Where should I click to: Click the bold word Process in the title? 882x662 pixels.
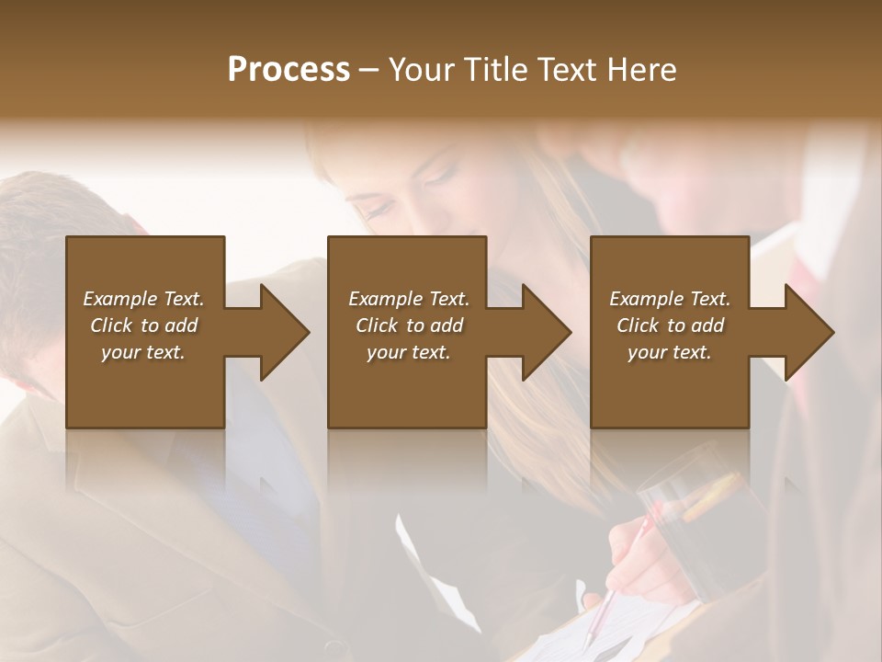(288, 70)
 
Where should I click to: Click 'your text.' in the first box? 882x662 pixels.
(143, 352)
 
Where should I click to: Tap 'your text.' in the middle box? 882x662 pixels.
(408, 352)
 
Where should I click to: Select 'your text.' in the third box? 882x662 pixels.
(670, 352)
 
